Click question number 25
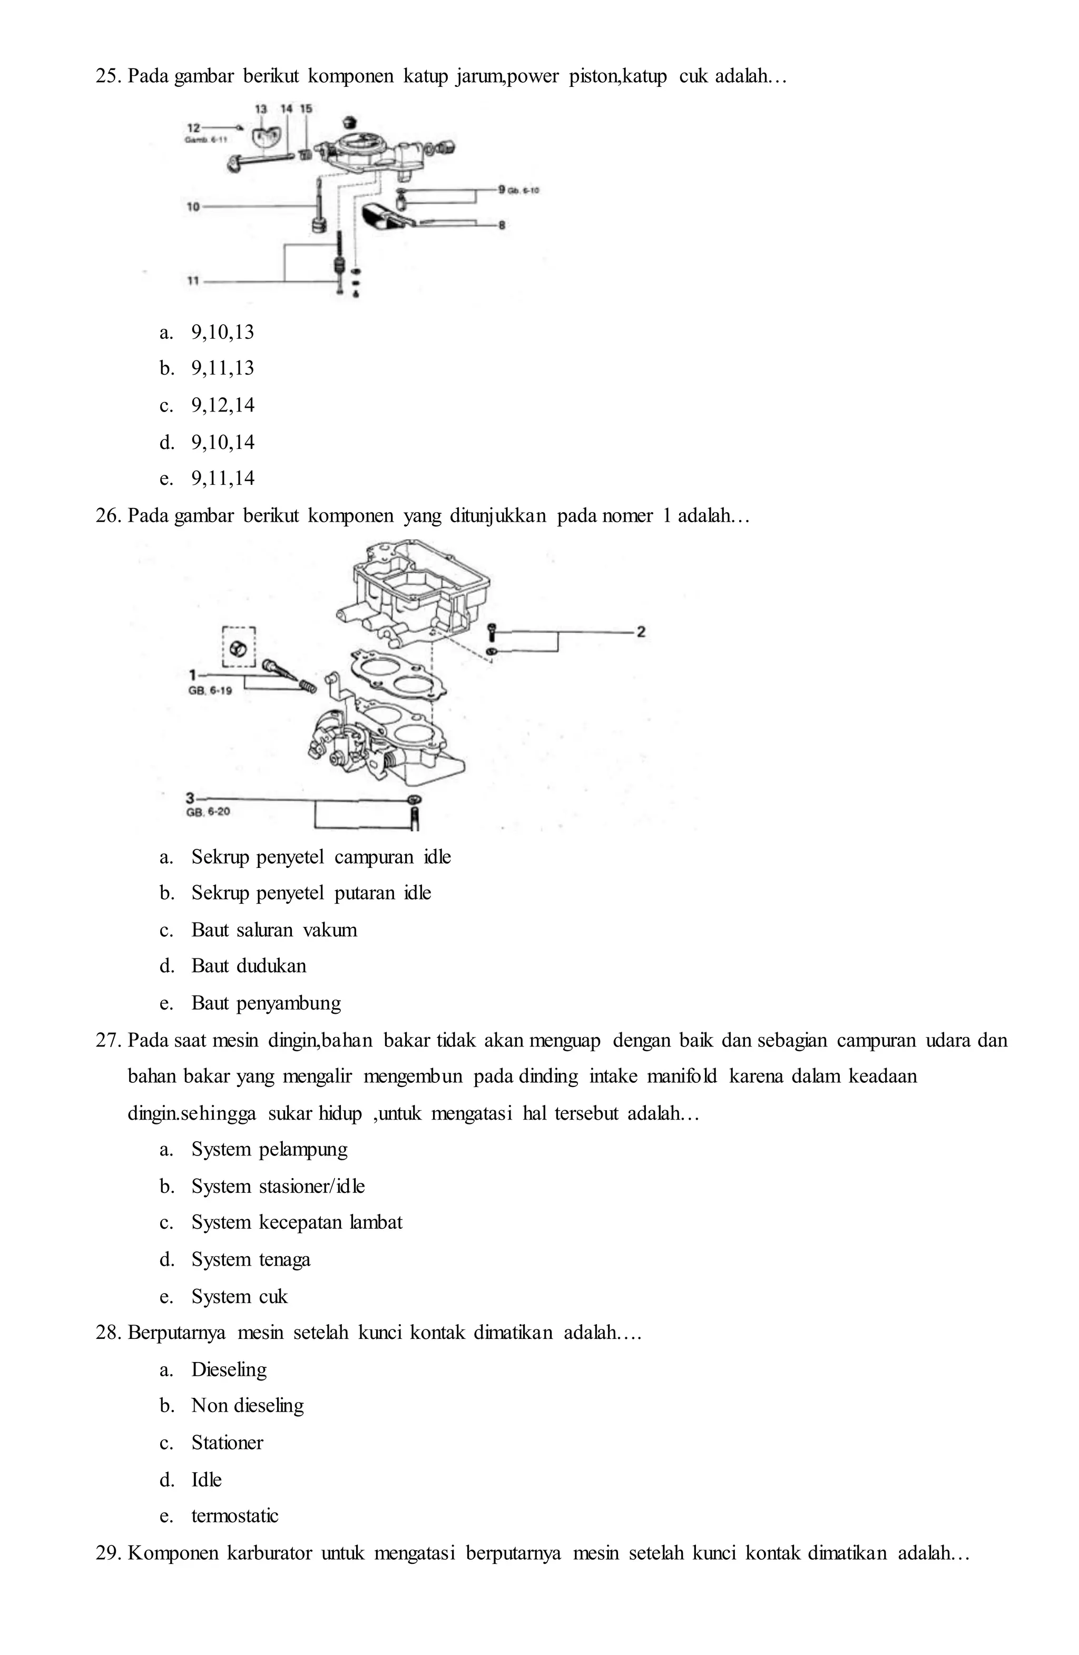coord(109,76)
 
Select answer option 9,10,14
coord(222,442)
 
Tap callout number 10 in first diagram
coord(193,207)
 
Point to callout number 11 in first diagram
coord(193,281)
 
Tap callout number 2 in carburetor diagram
coord(641,631)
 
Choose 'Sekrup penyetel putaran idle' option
coord(311,893)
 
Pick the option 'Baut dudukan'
coord(248,966)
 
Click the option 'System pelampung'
coord(269,1150)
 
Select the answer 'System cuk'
coord(239,1296)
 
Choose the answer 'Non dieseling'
coord(248,1405)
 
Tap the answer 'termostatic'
coord(234,1516)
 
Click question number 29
coord(109,1552)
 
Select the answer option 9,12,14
coord(222,405)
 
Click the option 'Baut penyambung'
coord(266,1003)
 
